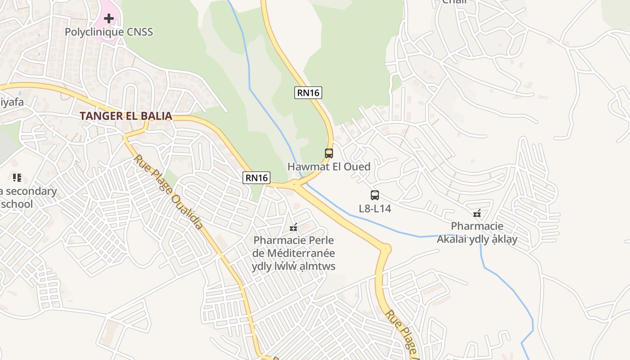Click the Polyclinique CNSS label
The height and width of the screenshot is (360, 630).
[x=109, y=32]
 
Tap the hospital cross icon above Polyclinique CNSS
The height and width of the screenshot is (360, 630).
[x=109, y=18]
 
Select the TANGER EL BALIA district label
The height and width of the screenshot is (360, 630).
[x=126, y=116]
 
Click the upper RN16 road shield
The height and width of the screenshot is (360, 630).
[x=308, y=93]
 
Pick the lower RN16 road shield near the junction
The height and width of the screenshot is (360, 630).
[x=256, y=178]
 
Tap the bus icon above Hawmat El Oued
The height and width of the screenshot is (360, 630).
[x=329, y=153]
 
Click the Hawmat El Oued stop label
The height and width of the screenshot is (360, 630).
[x=329, y=166]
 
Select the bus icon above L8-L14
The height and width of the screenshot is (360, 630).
[x=375, y=195]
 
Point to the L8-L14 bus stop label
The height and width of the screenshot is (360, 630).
[x=375, y=208]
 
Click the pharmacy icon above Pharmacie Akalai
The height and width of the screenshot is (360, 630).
[x=477, y=213]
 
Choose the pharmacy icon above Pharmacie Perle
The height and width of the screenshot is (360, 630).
[x=293, y=228]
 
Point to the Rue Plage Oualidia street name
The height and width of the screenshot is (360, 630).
[x=168, y=192]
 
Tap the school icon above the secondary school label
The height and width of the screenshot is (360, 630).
[x=17, y=178]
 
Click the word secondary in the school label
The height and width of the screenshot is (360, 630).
[x=31, y=191]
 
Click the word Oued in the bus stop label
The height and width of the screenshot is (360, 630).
[x=358, y=166]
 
